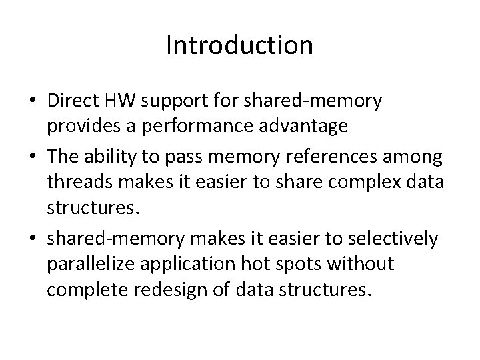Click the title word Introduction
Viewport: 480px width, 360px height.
pyautogui.click(x=239, y=45)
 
